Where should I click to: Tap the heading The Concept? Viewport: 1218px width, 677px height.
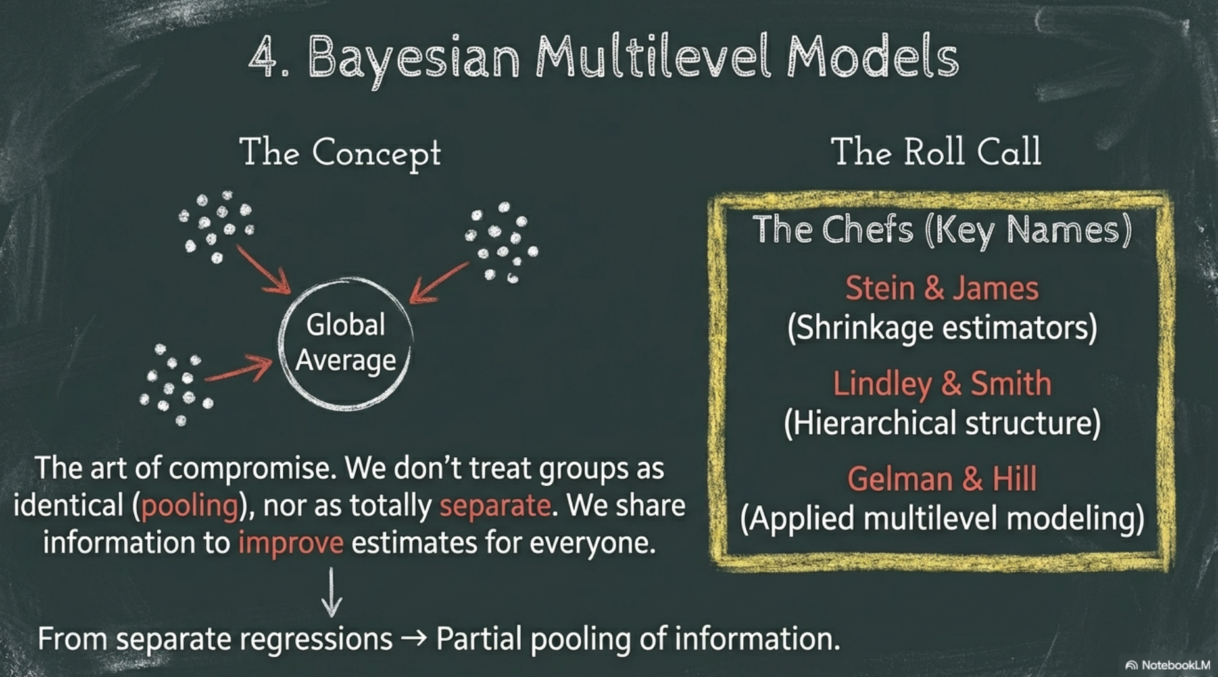(340, 153)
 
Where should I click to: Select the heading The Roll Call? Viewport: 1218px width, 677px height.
(936, 151)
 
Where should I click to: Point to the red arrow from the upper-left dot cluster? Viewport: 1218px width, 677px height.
(263, 270)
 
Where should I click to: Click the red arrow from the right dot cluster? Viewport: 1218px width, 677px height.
(439, 283)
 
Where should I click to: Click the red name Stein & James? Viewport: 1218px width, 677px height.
(942, 288)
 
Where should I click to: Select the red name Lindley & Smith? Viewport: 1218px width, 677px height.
(942, 384)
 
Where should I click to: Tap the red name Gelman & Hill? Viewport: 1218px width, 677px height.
(942, 479)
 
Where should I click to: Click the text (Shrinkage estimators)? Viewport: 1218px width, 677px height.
(942, 328)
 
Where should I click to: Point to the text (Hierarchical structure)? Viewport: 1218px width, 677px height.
(942, 423)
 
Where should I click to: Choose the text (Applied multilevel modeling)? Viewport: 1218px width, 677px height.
(942, 518)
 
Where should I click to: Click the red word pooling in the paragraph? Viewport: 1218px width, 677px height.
(189, 506)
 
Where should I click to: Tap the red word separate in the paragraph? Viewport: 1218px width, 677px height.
(495, 506)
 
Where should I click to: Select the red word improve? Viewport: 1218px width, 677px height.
(291, 543)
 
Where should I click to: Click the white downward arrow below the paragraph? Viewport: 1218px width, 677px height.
(331, 592)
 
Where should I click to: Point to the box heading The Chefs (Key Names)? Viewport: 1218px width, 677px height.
(942, 230)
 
